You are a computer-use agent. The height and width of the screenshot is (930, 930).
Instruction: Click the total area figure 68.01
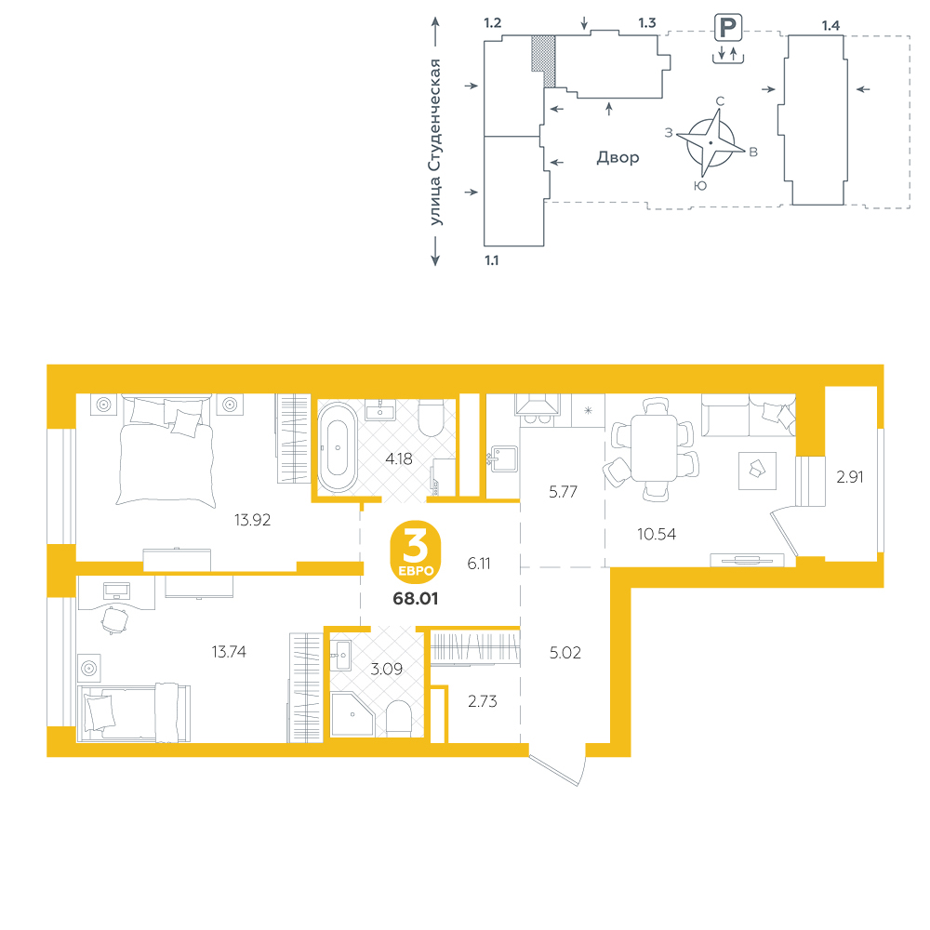(415, 598)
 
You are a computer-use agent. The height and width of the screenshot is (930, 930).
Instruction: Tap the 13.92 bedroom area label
(252, 520)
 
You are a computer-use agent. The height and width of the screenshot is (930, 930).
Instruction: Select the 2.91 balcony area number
(849, 477)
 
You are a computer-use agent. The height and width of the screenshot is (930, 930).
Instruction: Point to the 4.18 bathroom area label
(399, 458)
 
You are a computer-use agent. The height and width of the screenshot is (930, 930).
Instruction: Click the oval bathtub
(338, 447)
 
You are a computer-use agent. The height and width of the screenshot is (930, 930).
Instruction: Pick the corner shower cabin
(352, 713)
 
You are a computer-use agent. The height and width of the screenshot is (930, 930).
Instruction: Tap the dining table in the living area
(654, 448)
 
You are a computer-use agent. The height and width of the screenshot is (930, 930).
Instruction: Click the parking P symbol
(728, 28)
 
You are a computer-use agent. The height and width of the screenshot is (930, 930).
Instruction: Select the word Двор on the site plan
(618, 158)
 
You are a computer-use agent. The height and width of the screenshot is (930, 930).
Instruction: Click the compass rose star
(711, 143)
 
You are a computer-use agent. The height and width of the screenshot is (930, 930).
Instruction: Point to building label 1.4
(830, 25)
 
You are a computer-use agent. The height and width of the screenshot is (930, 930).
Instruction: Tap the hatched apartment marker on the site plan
(543, 60)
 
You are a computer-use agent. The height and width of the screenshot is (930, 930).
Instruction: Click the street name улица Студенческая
(435, 142)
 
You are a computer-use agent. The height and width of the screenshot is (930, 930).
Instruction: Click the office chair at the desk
(113, 619)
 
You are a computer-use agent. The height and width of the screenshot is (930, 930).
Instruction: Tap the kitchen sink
(503, 458)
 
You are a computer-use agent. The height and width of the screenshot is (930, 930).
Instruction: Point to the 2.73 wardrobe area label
(482, 701)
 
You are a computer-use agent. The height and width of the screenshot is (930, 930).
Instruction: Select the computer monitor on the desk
(116, 591)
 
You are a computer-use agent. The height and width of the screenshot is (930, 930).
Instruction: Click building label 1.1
(492, 260)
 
